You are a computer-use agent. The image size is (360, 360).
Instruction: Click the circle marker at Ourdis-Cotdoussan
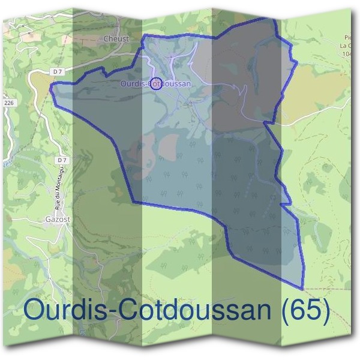point(156,83)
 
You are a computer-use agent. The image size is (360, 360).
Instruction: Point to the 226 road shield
point(8,103)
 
